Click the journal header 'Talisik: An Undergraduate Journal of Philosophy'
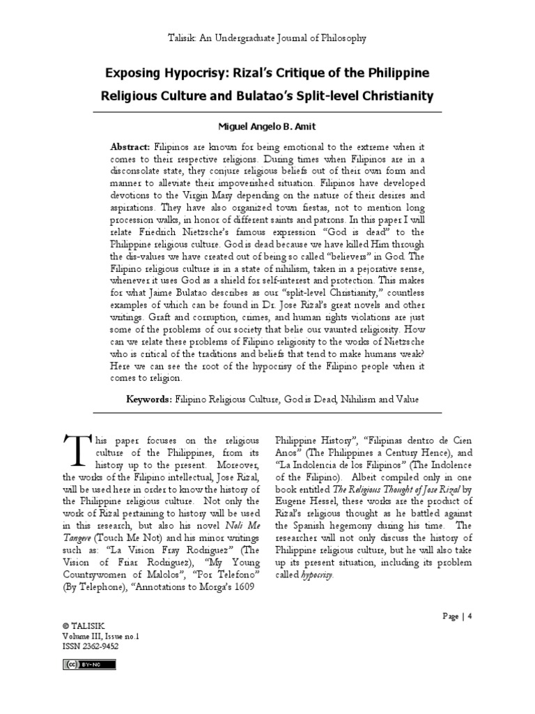click(268, 38)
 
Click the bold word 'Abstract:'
click(130, 149)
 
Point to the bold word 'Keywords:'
click(148, 399)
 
